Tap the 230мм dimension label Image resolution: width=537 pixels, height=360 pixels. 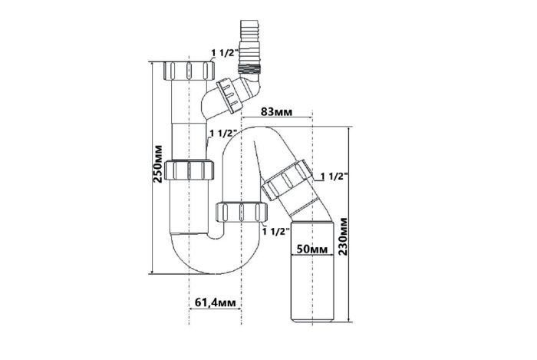point(342,236)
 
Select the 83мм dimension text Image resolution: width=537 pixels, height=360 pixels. point(277,111)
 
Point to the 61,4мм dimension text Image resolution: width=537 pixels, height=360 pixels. point(216,302)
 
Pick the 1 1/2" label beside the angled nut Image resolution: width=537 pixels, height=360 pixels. point(334,176)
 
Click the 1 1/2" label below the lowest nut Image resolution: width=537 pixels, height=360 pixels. point(276,231)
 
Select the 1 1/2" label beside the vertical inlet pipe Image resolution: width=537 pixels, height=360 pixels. point(224,134)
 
